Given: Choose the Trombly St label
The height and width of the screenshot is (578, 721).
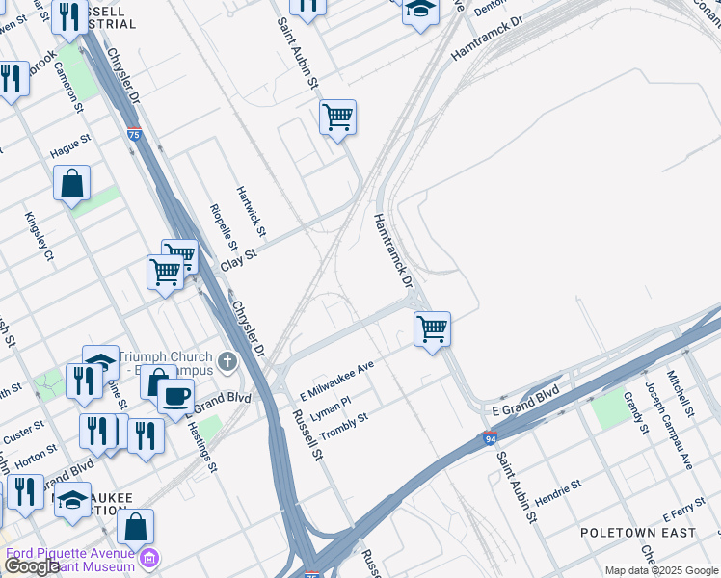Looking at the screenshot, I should tap(344, 422).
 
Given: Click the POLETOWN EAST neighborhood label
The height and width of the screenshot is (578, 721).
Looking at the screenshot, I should tap(638, 532).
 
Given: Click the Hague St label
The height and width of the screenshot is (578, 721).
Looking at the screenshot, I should tap(70, 146).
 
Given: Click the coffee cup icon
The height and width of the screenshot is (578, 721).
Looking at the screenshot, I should tap(175, 395).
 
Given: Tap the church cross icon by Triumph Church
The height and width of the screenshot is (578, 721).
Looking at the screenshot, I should tap(227, 362).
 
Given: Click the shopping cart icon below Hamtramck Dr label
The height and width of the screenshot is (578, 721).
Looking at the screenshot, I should tap(433, 328).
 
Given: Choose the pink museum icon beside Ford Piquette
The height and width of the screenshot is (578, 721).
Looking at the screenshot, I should tap(149, 559).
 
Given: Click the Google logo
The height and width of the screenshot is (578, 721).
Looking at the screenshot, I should tap(33, 567).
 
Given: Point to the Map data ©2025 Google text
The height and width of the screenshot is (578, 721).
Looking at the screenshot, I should tap(661, 569).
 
